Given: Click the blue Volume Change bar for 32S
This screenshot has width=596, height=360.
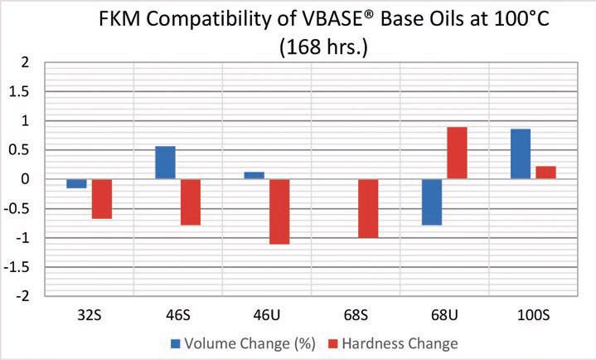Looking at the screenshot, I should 76,183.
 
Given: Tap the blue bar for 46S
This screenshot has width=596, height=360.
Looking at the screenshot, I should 165,163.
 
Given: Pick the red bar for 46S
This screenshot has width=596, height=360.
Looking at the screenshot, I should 190,202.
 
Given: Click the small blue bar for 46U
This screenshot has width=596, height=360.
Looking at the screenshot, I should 254,175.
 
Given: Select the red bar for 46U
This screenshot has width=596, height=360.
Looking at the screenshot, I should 279,211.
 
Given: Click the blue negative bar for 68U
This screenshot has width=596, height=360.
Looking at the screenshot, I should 431,202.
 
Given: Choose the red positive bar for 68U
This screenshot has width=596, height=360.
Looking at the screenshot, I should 456,153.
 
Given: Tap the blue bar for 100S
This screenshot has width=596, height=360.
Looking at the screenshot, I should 520,154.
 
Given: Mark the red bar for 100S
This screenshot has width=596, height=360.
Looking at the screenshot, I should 545,173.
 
